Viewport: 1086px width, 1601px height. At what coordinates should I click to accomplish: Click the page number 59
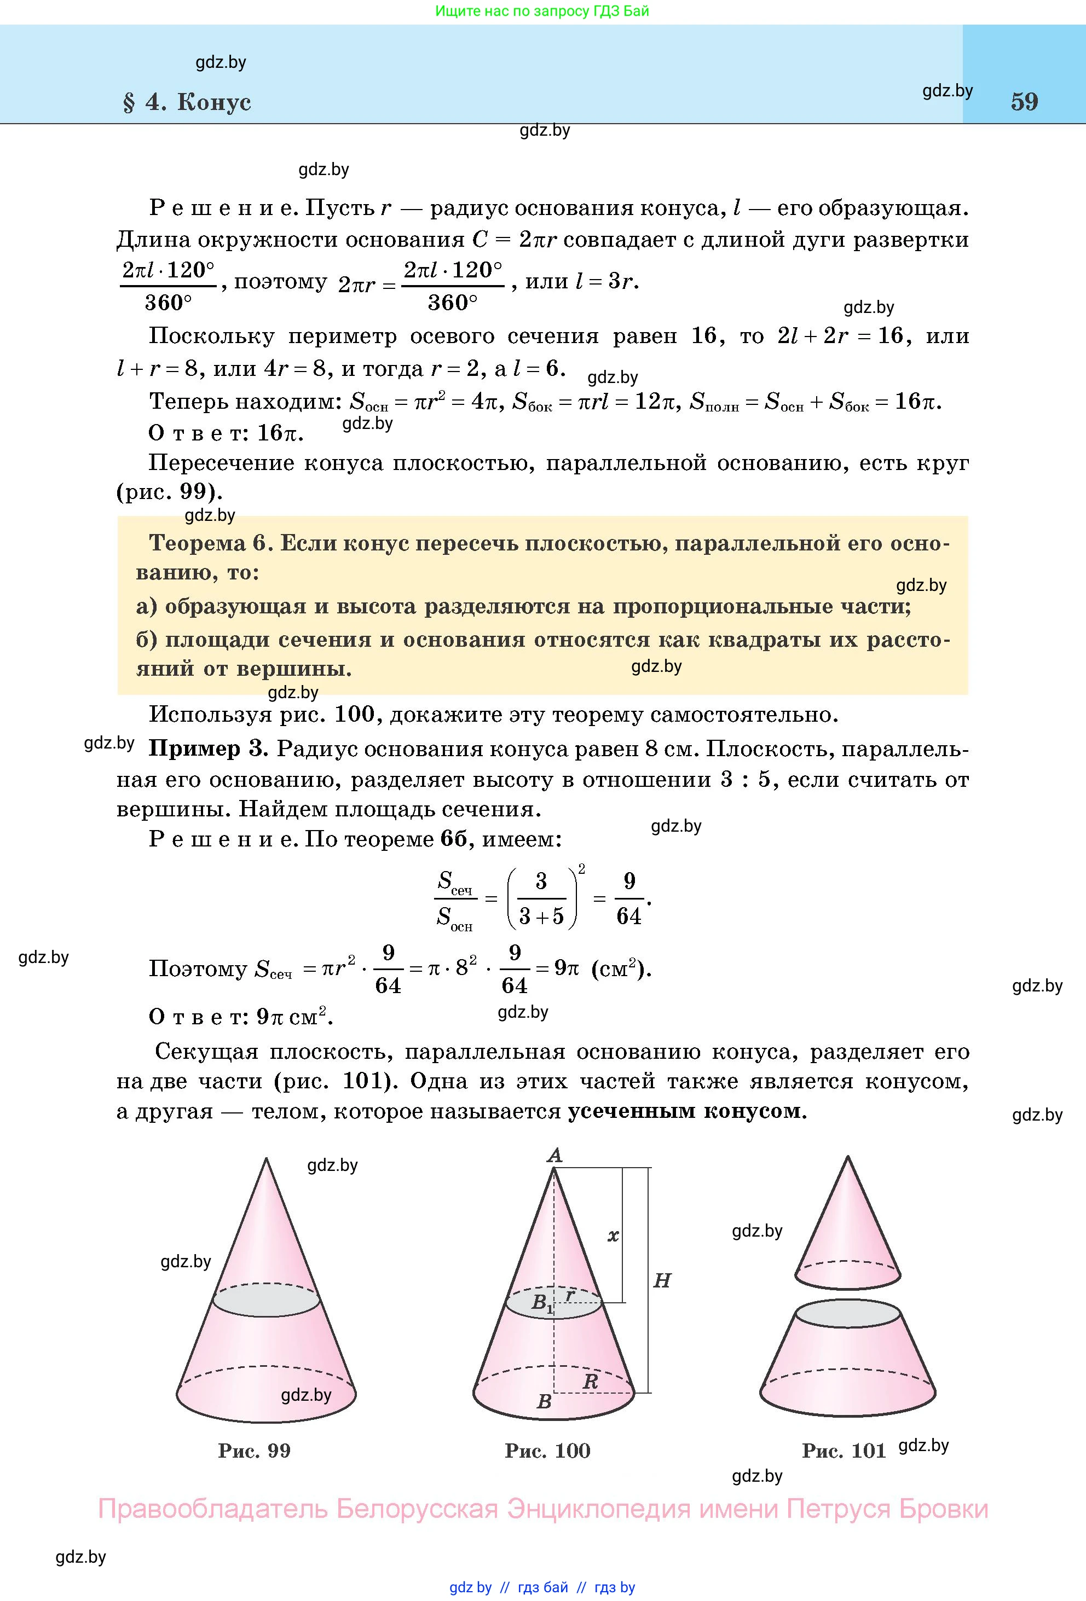point(1024,101)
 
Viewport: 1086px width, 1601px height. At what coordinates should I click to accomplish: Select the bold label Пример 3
point(208,749)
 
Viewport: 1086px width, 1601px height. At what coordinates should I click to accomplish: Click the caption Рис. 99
point(255,1445)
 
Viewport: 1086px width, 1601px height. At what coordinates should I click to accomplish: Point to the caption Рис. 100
point(547,1445)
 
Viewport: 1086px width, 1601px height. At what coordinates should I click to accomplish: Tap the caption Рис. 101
point(844,1445)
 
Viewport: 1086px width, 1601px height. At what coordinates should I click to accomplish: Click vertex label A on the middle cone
point(554,1155)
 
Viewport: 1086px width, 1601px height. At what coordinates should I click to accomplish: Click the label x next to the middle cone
point(613,1236)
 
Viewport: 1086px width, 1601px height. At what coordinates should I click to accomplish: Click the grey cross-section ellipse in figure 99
point(266,1301)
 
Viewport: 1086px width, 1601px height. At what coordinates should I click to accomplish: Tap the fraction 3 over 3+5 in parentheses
point(541,898)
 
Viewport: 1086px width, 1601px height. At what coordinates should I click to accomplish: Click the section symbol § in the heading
point(129,102)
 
